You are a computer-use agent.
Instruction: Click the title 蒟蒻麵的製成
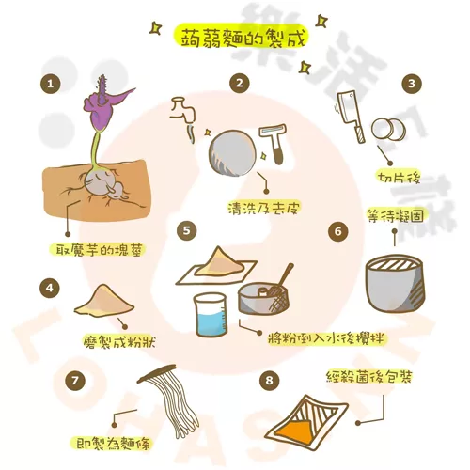pyautogui.click(x=243, y=38)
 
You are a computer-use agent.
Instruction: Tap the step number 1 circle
pyautogui.click(x=51, y=84)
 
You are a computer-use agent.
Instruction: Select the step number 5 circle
pyautogui.click(x=187, y=231)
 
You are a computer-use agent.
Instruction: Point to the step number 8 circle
pyautogui.click(x=270, y=381)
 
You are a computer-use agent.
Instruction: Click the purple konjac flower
pyautogui.click(x=105, y=103)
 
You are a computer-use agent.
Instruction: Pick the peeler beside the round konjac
pyautogui.click(x=274, y=144)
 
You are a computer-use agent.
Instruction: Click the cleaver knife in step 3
pyautogui.click(x=351, y=117)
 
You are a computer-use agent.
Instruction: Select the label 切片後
pyautogui.click(x=399, y=178)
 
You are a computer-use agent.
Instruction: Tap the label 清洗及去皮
pyautogui.click(x=264, y=208)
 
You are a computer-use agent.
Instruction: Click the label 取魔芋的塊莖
pyautogui.click(x=99, y=250)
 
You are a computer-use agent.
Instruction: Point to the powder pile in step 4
pyautogui.click(x=104, y=299)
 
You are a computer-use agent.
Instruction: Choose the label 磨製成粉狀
pyautogui.click(x=119, y=341)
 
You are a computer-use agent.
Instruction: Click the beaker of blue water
pyautogui.click(x=211, y=314)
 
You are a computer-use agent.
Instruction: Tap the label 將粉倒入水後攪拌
pyautogui.click(x=326, y=338)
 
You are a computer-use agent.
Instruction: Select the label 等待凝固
pyautogui.click(x=396, y=215)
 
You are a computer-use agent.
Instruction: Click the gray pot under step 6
pyautogui.click(x=396, y=284)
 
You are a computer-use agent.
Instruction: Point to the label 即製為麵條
pyautogui.click(x=114, y=444)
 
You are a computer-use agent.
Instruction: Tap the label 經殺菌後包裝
pyautogui.click(x=368, y=377)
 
